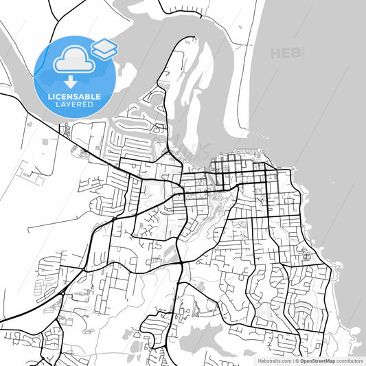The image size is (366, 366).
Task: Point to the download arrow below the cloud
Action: coord(71,83)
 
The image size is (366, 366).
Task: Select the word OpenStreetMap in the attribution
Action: coord(316,360)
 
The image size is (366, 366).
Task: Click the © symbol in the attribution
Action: coord(297,360)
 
